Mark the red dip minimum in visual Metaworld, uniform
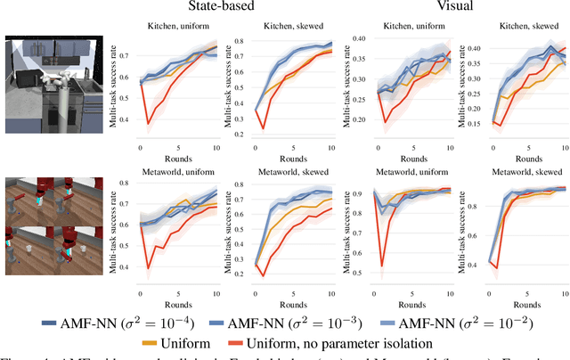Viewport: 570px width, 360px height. [382, 266]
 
